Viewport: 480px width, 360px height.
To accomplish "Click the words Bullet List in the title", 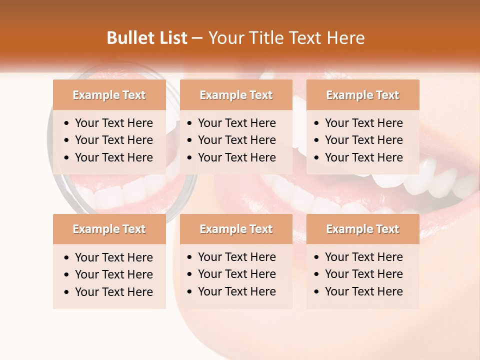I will click(146, 38).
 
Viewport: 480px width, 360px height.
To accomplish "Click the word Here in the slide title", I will click(345, 38).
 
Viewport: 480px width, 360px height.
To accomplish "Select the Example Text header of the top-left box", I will click(109, 95).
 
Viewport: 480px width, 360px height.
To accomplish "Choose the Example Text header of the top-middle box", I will click(236, 95).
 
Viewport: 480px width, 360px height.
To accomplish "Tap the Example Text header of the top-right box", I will click(362, 95).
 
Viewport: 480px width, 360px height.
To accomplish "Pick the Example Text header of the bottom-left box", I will click(109, 229).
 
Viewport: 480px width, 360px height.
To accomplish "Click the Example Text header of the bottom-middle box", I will click(236, 229).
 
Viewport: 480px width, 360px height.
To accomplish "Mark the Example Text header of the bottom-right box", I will click(362, 229).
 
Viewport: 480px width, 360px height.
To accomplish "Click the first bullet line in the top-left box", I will click(113, 123).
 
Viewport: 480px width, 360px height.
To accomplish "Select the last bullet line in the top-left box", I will click(113, 157).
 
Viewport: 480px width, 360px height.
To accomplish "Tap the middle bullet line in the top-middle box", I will click(236, 140).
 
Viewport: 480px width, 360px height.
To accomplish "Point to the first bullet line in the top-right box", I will click(363, 123).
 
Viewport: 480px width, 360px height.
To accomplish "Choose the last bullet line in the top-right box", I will click(363, 157).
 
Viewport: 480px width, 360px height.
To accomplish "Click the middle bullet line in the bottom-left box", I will click(113, 274).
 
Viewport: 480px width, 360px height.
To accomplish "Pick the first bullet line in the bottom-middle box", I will click(236, 257).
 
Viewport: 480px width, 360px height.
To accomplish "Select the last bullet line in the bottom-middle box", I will click(236, 291).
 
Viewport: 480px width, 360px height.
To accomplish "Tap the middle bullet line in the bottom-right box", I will click(363, 274).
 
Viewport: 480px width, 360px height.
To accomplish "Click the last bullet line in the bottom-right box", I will click(363, 291).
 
